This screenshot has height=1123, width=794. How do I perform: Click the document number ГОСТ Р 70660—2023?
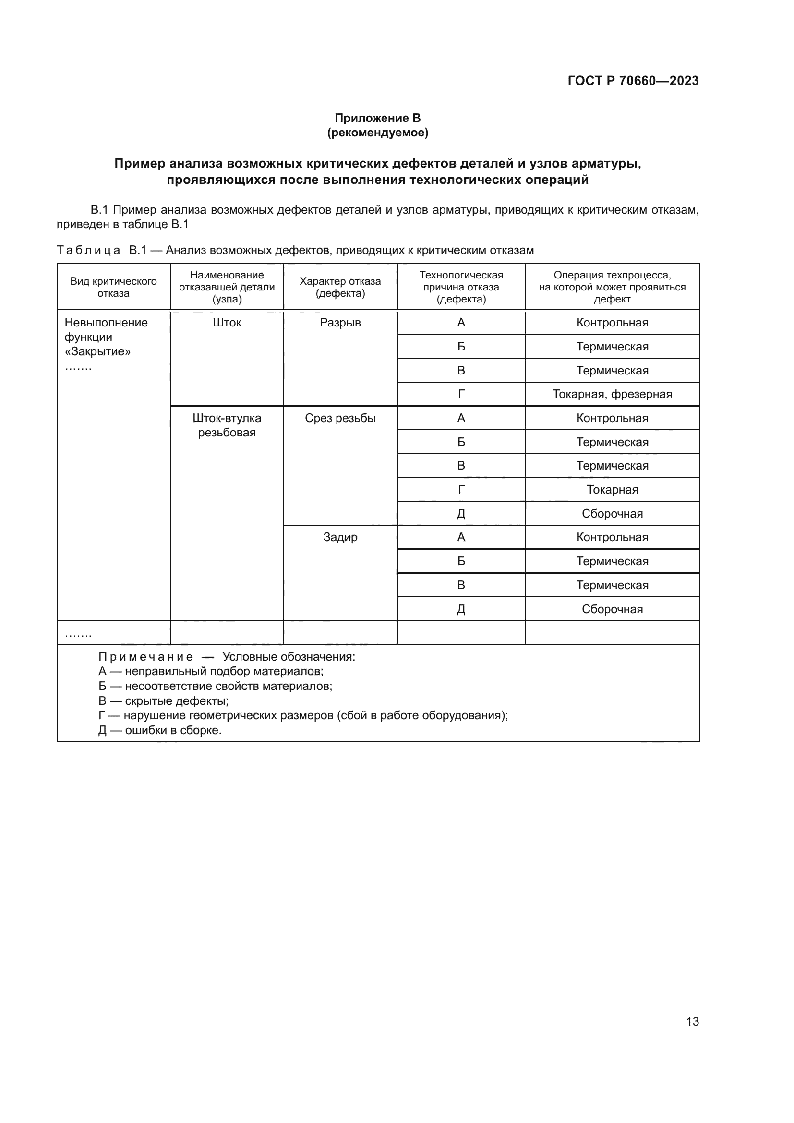point(633,81)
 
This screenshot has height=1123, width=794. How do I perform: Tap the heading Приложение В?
point(377,118)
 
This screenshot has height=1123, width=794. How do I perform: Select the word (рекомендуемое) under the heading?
point(377,133)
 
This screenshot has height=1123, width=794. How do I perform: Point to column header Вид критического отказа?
point(113,287)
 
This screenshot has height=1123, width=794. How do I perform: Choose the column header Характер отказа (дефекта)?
point(340,287)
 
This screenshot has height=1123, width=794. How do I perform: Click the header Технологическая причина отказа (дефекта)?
point(460,287)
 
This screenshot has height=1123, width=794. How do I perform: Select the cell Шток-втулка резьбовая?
point(227,425)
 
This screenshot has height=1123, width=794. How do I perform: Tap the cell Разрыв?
point(340,323)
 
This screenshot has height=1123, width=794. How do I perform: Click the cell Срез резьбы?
point(340,418)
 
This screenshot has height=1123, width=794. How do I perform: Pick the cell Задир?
point(340,537)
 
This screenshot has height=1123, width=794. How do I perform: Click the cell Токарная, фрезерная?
point(612,394)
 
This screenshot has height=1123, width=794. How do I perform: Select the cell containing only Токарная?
point(612,490)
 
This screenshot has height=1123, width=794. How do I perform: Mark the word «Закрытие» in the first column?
point(98,351)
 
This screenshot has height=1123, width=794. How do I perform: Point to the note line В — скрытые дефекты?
point(163,701)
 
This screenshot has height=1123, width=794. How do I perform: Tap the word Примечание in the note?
point(146,657)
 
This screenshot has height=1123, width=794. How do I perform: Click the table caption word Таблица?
point(88,251)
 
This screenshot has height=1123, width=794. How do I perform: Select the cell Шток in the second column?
point(227,323)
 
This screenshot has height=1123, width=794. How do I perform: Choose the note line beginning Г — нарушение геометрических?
point(303,715)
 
